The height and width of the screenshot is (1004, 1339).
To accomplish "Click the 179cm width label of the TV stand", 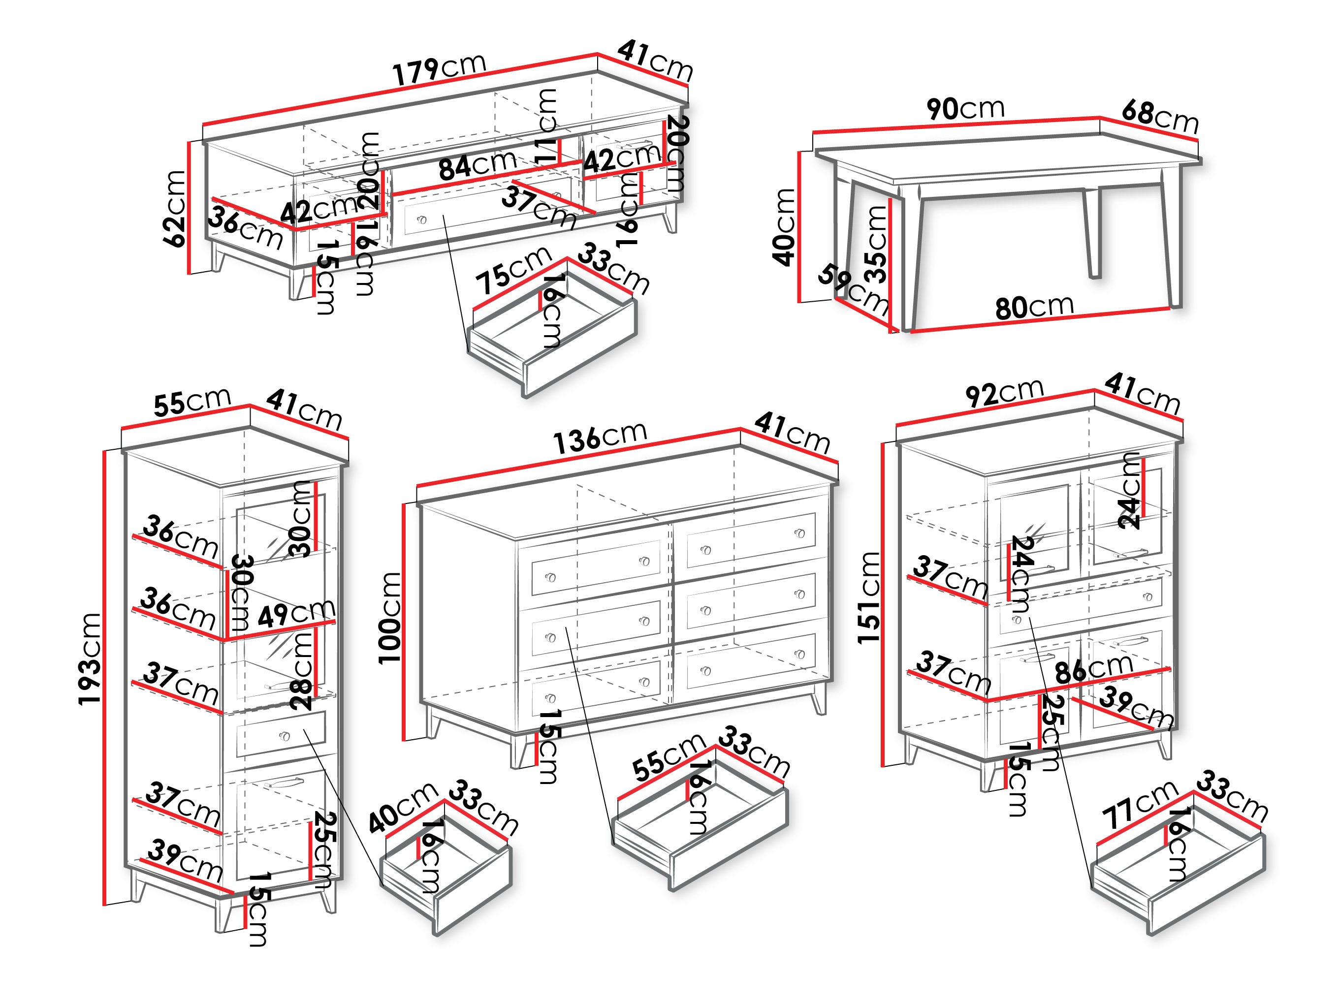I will pos(439,68).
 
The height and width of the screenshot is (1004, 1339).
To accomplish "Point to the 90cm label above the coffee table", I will pos(965,109).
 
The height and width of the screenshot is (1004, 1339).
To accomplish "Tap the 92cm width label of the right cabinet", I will pos(1004,393).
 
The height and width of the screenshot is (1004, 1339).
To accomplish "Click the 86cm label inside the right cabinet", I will pos(1093,669).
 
